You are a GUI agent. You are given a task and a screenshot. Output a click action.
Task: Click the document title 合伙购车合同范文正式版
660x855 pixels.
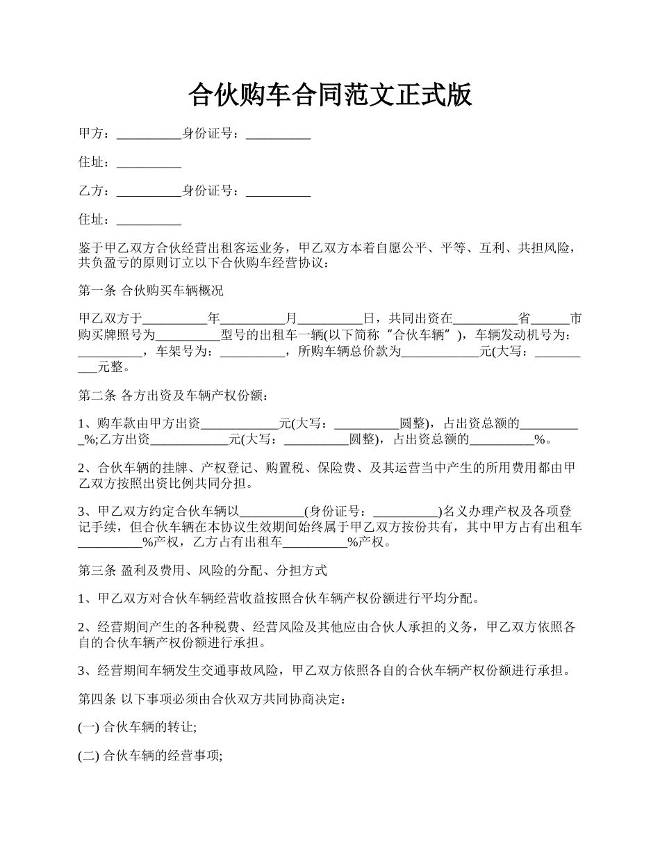click(x=330, y=95)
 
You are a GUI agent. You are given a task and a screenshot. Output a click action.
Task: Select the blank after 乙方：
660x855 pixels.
click(x=149, y=191)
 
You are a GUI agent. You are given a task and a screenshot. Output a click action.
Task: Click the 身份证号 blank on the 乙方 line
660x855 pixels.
click(x=278, y=191)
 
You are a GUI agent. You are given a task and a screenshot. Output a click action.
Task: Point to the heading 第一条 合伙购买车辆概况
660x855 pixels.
click(x=151, y=290)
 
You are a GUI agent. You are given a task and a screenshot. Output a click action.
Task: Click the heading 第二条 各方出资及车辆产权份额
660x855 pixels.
click(x=172, y=396)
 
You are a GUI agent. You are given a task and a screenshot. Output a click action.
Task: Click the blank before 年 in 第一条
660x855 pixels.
click(x=174, y=320)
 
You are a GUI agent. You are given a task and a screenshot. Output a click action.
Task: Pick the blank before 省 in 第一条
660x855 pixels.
click(x=485, y=320)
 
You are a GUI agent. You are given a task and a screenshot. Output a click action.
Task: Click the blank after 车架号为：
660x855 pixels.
click(x=251, y=352)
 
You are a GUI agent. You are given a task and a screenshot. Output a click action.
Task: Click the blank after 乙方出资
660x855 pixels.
click(x=189, y=439)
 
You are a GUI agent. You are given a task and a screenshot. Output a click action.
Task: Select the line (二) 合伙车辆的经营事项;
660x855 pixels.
click(x=150, y=757)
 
